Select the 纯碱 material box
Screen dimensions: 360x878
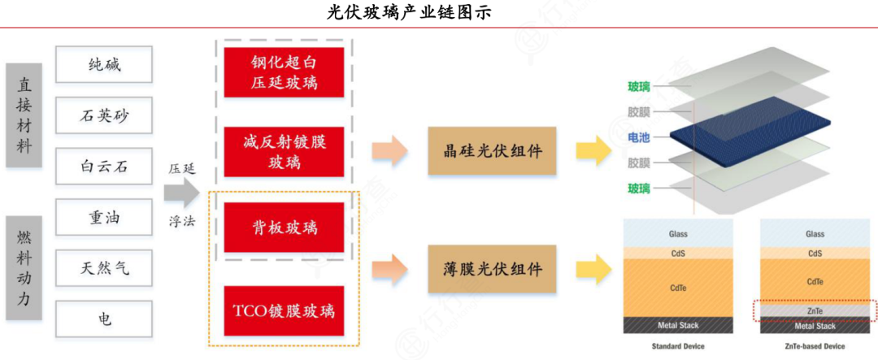[x=105, y=64]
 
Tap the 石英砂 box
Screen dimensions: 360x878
[x=105, y=115]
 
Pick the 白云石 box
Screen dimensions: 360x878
[x=105, y=167]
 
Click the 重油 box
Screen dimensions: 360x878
[x=105, y=218]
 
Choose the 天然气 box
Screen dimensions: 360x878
[x=105, y=268]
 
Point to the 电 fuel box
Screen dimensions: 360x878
[x=105, y=319]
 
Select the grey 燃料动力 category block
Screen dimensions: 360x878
[x=24, y=267]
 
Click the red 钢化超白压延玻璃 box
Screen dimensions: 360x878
[x=284, y=72]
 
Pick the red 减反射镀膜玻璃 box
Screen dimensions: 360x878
[x=284, y=151]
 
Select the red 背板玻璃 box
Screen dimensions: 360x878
[x=284, y=227]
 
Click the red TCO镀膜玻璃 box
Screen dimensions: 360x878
[x=284, y=311]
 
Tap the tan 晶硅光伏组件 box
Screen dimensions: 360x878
[x=493, y=151]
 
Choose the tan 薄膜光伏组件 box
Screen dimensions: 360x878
[x=493, y=268]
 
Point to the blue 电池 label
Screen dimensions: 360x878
[x=639, y=137]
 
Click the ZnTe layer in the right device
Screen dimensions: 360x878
[x=815, y=309]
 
